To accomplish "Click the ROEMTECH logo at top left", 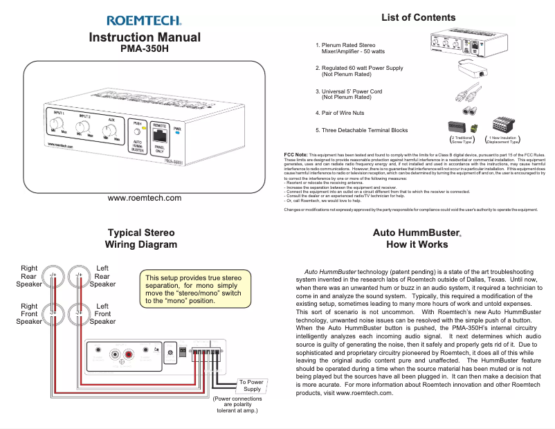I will point(145,21).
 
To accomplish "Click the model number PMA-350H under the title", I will point(145,50).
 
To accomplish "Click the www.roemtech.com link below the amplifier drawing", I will point(145,199).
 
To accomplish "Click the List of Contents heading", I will point(418,17).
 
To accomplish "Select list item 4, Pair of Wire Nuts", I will point(339,113).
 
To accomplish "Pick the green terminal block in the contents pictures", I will point(473,128).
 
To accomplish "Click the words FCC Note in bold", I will point(296,154).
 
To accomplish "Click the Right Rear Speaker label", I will point(29,276).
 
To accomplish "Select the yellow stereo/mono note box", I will point(192,290).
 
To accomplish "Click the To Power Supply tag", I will point(251,385).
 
